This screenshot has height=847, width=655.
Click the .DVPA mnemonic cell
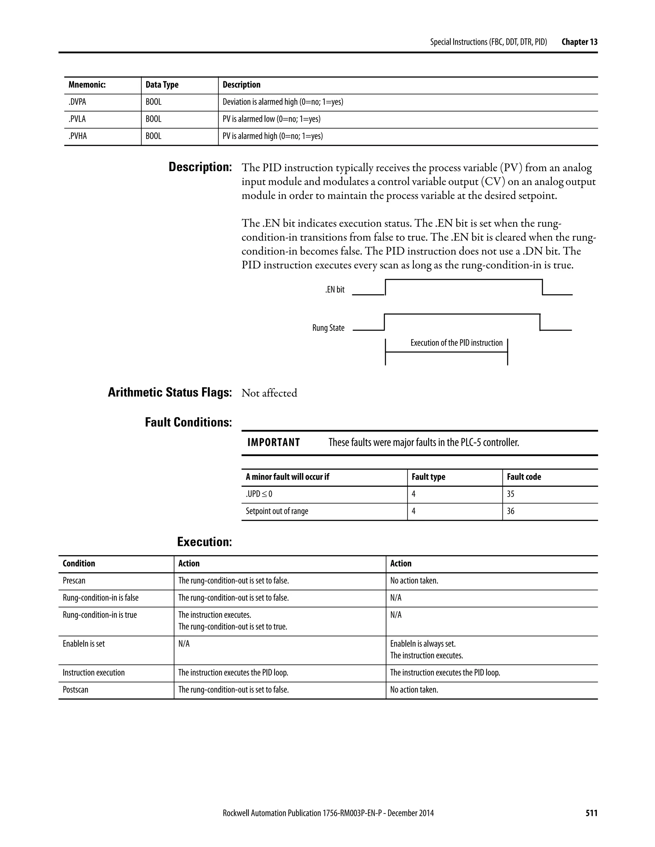[78, 102]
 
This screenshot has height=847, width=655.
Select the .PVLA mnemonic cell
[77, 119]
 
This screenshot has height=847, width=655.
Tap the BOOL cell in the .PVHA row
[153, 136]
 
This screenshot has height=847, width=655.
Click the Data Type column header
[162, 85]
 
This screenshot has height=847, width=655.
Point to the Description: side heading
[200, 167]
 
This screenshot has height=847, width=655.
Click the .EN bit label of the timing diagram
[335, 290]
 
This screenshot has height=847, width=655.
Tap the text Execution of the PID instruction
[456, 343]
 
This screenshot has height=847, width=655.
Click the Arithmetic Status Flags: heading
[170, 392]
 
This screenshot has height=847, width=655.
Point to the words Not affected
[269, 393]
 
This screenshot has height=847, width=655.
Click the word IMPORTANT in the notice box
[273, 442]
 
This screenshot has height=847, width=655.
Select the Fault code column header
[524, 477]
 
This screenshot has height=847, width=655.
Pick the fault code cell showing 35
[511, 494]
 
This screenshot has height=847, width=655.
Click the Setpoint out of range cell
[277, 511]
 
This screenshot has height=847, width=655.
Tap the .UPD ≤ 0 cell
[259, 494]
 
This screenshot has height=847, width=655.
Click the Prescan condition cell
[74, 580]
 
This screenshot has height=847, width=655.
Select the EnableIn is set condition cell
[84, 644]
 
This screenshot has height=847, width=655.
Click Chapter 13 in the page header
[579, 42]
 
